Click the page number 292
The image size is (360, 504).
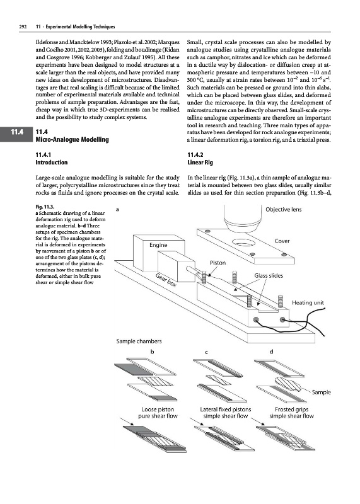tap(23, 26)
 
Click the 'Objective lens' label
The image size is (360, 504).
tap(284, 210)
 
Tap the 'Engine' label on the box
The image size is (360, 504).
tap(158, 245)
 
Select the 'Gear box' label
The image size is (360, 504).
tap(166, 280)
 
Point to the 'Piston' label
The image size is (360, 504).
tap(218, 263)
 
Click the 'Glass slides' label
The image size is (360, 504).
tap(269, 275)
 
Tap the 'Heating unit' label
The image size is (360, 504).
tap(308, 303)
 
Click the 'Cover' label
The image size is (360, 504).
tap(282, 241)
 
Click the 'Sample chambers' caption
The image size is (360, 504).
tap(139, 341)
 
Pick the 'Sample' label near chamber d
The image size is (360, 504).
tap(322, 392)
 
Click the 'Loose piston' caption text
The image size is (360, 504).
tap(158, 409)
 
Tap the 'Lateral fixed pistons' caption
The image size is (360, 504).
tap(226, 409)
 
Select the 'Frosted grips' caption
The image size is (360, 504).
tap(291, 409)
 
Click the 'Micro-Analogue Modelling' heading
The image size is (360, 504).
tap(72, 139)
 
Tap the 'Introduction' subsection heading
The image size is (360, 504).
tap(52, 163)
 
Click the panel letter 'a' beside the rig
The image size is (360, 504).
tap(117, 209)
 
